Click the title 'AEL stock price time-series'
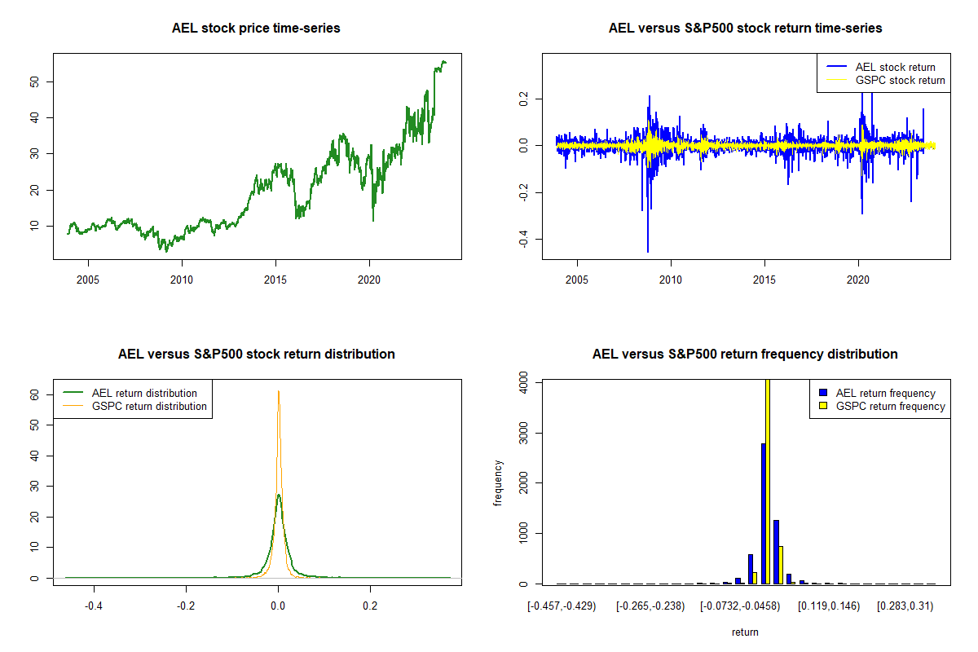point(256,29)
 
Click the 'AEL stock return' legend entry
point(895,67)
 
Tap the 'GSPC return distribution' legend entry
point(149,406)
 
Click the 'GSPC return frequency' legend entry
point(890,406)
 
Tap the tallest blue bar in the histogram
point(763,513)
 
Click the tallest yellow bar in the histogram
point(768,482)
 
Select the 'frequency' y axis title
point(498,483)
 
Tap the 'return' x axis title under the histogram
point(745,632)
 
